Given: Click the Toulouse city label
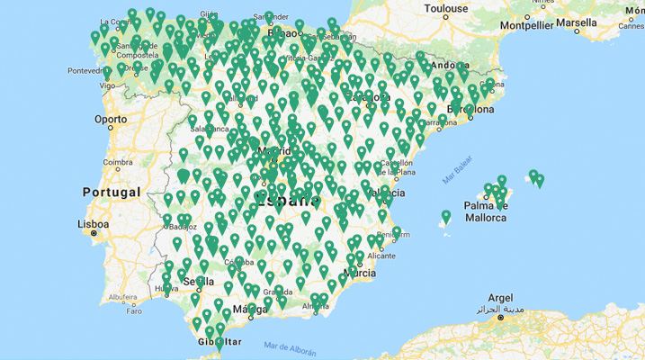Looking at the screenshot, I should [x=446, y=9].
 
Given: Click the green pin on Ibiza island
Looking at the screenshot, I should [x=445, y=216].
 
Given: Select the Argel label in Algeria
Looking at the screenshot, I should [x=500, y=297].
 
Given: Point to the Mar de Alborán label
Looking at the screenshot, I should [x=291, y=346].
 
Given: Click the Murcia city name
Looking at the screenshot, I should [x=359, y=272].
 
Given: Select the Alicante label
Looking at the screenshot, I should [x=381, y=255].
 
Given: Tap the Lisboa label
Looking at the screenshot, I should [x=94, y=223].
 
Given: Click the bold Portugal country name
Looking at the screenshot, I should [x=112, y=192].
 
